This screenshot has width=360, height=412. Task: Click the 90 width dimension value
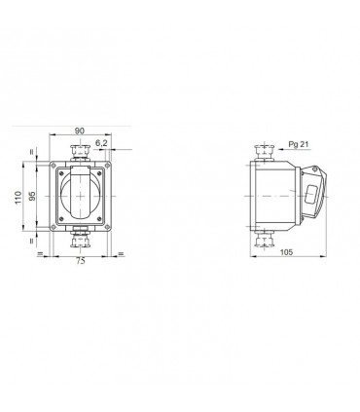coord(80,131)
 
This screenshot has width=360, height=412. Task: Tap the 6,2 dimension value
coord(101,143)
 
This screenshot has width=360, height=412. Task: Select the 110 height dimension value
coord(18,198)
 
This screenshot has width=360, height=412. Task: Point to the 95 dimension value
coord(32,196)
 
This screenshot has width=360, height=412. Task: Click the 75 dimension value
coord(81,260)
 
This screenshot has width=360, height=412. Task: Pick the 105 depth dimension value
coord(286,252)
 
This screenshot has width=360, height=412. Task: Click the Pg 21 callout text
coord(299,144)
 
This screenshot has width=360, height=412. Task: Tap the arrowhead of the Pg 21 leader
coord(280,150)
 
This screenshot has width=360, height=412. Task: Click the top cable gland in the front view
coord(80,152)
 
